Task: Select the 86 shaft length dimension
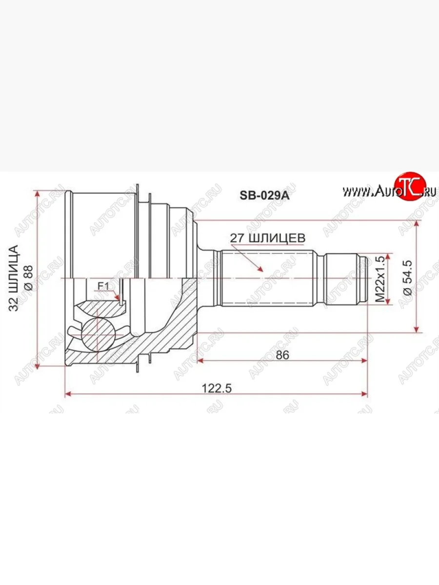point(282,355)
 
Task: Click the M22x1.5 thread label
point(380,280)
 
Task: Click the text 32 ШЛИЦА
point(15,278)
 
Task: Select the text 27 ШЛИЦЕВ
point(269,238)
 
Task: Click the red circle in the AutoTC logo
point(409,187)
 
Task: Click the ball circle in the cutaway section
point(98,334)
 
